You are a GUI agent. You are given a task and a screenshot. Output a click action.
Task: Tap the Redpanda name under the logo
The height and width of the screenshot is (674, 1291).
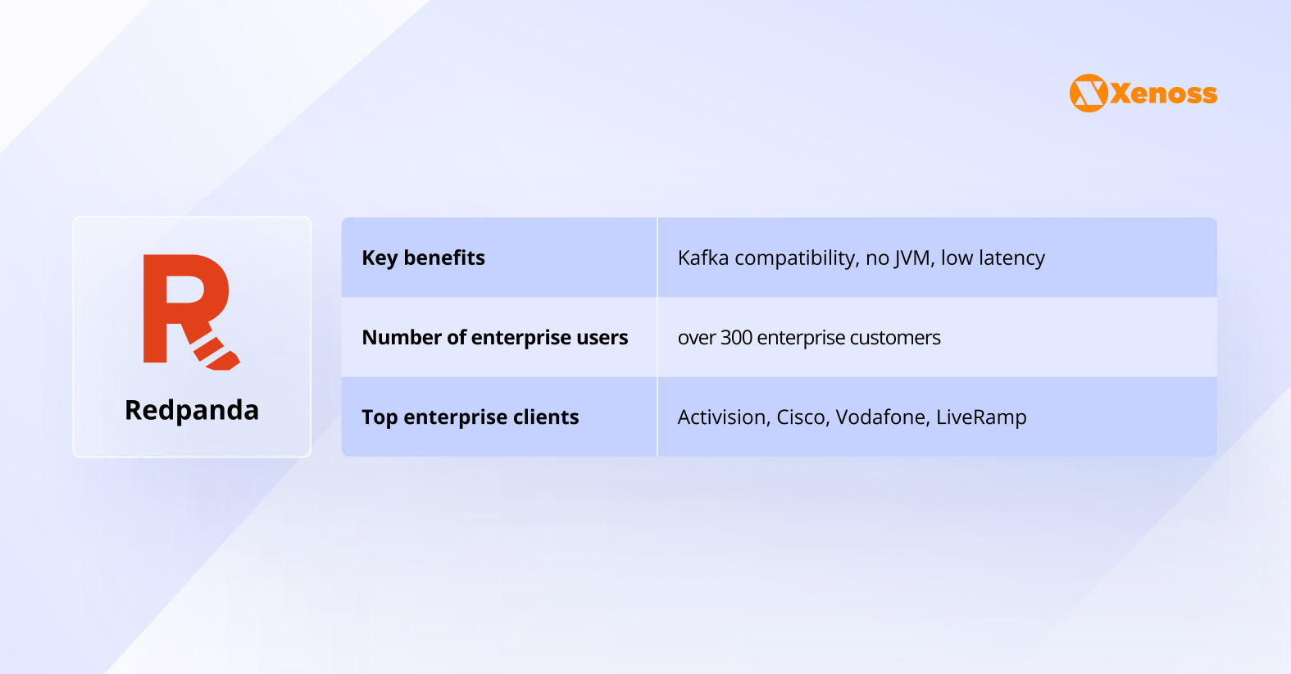pos(192,410)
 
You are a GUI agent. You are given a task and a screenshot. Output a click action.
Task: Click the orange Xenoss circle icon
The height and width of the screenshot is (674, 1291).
pos(1089,93)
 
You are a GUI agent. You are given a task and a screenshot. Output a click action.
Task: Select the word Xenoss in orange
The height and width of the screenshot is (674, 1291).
pos(1164,93)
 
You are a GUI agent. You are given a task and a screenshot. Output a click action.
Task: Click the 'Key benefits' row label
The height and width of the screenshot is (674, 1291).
pos(423,257)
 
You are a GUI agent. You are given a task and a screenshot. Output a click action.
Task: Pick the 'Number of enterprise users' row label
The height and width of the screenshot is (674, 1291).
pos(494,337)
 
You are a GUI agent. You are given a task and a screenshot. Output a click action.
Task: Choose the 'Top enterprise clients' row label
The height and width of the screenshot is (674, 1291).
pos(470,417)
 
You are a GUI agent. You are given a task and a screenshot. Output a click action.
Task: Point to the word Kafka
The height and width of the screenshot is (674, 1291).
pos(703,257)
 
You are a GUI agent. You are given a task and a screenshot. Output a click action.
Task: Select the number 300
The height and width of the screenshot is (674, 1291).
pos(736,337)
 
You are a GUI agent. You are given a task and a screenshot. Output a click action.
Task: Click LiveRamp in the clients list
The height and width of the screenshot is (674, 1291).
pos(981,417)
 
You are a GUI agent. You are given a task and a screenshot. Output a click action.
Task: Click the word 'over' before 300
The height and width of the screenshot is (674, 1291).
pos(696,339)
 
